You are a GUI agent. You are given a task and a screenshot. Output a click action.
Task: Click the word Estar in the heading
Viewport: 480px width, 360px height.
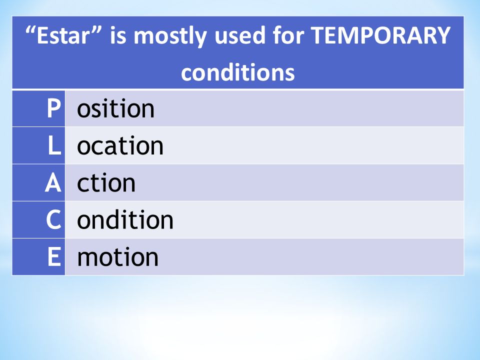pos(62,35)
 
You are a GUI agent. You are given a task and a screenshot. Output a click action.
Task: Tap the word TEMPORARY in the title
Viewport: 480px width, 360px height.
pos(380,35)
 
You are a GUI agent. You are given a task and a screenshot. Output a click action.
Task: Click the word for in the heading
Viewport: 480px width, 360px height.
pos(288,35)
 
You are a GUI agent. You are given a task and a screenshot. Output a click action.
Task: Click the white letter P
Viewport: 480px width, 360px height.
pos(53,108)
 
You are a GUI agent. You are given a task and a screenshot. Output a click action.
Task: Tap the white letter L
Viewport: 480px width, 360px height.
pos(54,145)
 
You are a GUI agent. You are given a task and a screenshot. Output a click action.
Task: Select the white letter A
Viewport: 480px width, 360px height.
pos(53,183)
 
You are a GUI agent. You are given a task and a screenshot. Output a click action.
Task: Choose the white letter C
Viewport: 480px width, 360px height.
pos(53,219)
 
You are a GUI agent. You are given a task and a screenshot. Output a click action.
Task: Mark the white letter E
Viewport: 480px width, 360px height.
pos(54,256)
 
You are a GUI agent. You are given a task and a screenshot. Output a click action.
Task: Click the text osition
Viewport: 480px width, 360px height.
pos(115,108)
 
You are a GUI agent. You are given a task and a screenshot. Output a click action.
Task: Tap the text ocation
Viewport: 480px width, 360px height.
pos(120,145)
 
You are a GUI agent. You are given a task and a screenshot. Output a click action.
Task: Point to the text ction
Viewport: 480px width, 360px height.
pos(106,183)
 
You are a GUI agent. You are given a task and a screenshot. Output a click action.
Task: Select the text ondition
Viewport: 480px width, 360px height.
pos(125,220)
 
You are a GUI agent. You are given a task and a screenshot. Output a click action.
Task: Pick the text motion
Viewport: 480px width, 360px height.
pos(118,257)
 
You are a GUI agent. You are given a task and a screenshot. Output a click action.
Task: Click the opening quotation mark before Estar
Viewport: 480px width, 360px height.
pos(30,30)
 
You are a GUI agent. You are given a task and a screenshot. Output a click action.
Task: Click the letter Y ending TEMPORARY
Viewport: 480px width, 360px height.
pos(442,35)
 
